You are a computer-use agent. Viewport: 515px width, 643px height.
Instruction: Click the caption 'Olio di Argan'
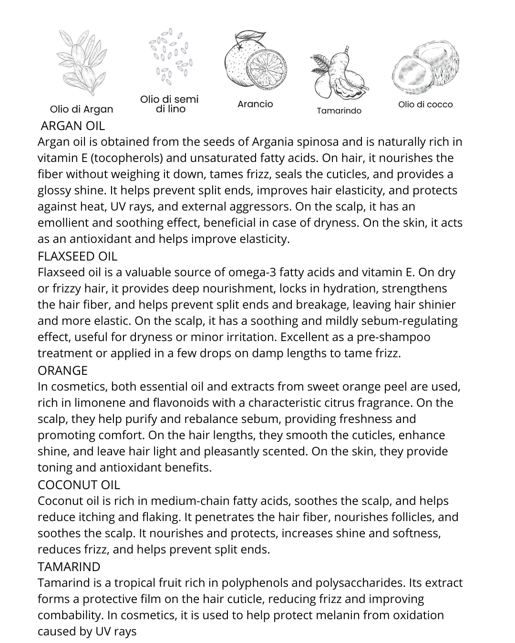click(x=82, y=109)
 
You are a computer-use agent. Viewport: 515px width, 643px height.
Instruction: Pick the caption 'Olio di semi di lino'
click(x=169, y=104)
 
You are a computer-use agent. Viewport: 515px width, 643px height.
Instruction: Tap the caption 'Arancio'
click(x=255, y=104)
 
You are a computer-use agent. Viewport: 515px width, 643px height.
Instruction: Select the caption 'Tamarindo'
click(x=339, y=111)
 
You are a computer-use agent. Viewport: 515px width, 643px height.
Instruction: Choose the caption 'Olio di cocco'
click(x=425, y=104)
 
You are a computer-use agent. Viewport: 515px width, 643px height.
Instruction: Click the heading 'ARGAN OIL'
click(x=72, y=126)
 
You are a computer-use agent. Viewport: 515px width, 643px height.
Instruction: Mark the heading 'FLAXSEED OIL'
click(x=77, y=256)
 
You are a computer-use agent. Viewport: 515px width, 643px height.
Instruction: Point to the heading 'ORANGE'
click(x=62, y=370)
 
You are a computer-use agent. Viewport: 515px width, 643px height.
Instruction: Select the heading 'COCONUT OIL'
click(x=79, y=484)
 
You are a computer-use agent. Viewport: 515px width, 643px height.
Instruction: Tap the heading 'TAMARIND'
click(x=69, y=566)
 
